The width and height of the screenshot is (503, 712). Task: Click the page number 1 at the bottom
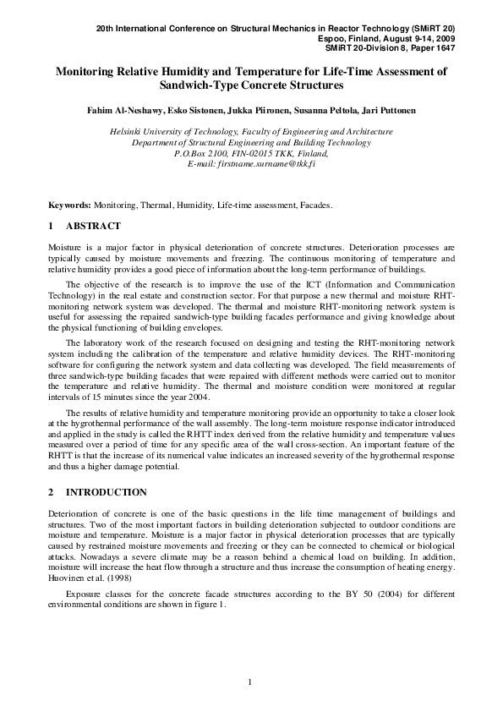[x=250, y=682]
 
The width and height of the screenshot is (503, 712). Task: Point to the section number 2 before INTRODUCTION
[x=52, y=492]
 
